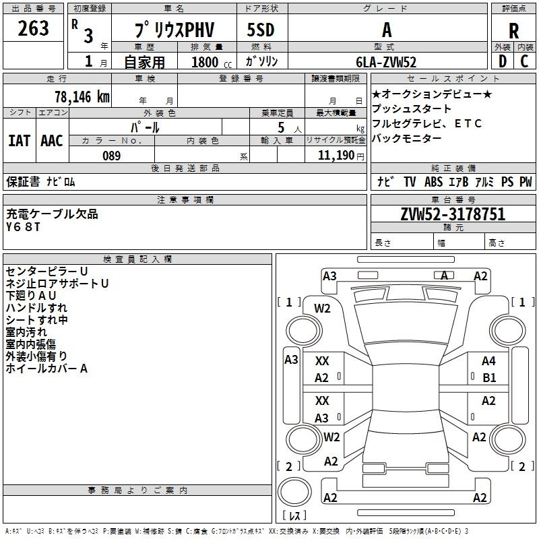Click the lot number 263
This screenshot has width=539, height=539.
tap(33, 28)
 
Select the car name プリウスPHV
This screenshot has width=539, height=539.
tap(175, 30)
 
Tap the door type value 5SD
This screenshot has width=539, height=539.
tap(261, 30)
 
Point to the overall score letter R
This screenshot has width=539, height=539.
tap(513, 31)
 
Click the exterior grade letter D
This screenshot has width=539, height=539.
tap(503, 61)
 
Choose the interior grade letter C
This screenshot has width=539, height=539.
tap(524, 61)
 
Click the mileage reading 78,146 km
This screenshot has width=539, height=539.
tap(82, 97)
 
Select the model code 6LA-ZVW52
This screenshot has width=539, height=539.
tap(386, 62)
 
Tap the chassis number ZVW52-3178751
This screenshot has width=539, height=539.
tap(453, 214)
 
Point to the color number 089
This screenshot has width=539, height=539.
tap(112, 156)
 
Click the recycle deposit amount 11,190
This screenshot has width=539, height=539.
tap(336, 156)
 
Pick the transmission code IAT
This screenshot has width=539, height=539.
tap(20, 141)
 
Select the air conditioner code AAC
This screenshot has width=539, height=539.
tap(52, 141)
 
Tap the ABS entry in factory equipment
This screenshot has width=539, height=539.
tap(433, 181)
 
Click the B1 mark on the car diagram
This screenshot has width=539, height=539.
tap(489, 378)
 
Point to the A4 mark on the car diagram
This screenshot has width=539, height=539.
tap(488, 361)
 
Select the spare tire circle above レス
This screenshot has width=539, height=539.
tap(294, 492)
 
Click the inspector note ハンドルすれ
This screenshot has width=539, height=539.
tap(36, 308)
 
